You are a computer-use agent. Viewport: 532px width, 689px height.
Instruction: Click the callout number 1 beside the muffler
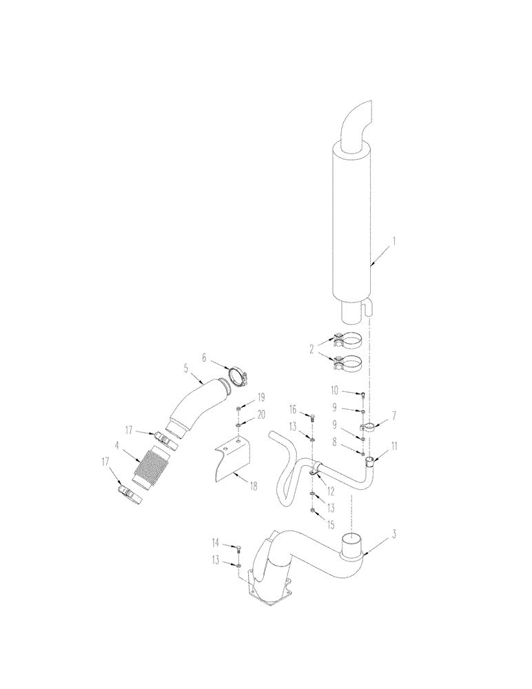(394, 242)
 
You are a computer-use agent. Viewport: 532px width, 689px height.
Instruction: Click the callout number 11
(393, 447)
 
